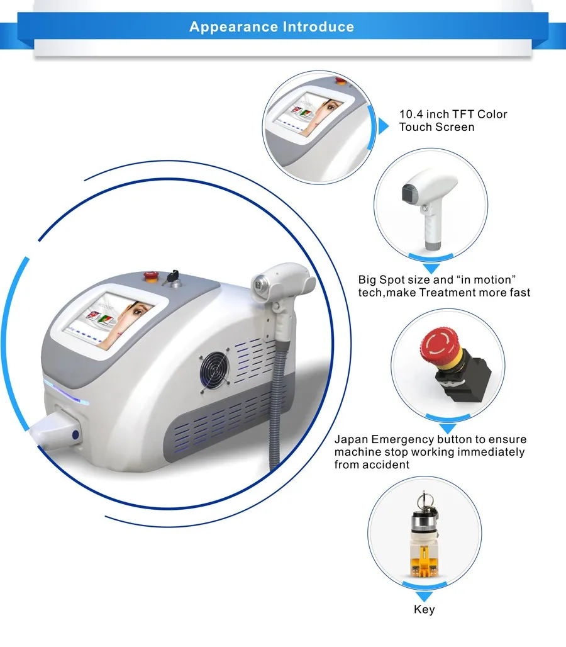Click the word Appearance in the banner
click(x=234, y=27)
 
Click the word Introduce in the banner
click(x=319, y=27)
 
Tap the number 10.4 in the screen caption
click(x=411, y=114)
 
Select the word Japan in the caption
click(x=351, y=439)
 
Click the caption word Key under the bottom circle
click(x=425, y=610)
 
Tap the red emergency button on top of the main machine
click(x=150, y=276)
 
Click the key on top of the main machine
click(x=172, y=278)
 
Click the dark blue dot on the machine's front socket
click(x=75, y=434)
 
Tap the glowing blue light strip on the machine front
click(x=66, y=392)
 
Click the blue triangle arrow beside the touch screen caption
click(x=384, y=127)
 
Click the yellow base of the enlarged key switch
click(x=425, y=562)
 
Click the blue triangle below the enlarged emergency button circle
click(x=448, y=429)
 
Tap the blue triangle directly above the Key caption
click(x=425, y=597)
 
